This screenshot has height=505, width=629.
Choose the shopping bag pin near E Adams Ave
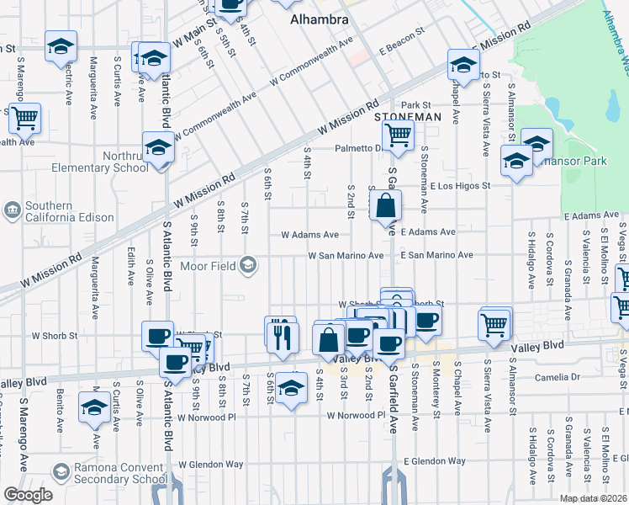pyautogui.click(x=384, y=205)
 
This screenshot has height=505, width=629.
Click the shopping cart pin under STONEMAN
pyautogui.click(x=397, y=134)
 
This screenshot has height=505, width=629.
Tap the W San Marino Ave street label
pyautogui.click(x=346, y=255)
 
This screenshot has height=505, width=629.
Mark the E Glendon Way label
pyautogui.click(x=434, y=461)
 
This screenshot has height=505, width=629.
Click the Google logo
pyautogui.click(x=28, y=495)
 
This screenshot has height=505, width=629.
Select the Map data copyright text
pyautogui.click(x=593, y=498)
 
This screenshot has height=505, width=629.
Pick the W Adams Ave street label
pyautogui.click(x=309, y=235)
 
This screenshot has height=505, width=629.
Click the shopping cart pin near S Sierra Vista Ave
pyautogui.click(x=494, y=323)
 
